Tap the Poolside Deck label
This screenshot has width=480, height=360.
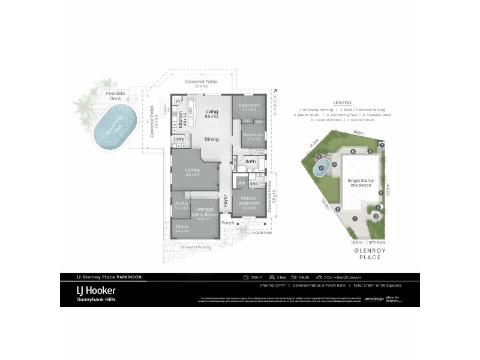tap(115, 95)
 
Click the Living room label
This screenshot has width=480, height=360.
tap(211, 112)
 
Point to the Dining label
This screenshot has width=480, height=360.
tap(211, 139)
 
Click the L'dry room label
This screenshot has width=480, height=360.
tap(178, 139)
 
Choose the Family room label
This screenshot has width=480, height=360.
tap(192, 170)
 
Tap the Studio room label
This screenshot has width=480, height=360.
tap(181, 203)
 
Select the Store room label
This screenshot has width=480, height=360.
tap(182, 227)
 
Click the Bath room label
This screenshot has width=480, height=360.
tap(250, 161)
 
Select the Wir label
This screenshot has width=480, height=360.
tap(242, 182)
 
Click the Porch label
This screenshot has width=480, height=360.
tap(227, 223)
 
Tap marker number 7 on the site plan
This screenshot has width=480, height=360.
tap(382, 145)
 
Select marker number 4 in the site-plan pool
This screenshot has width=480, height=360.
tap(322, 168)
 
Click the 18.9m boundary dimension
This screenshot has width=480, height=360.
tap(359, 133)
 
